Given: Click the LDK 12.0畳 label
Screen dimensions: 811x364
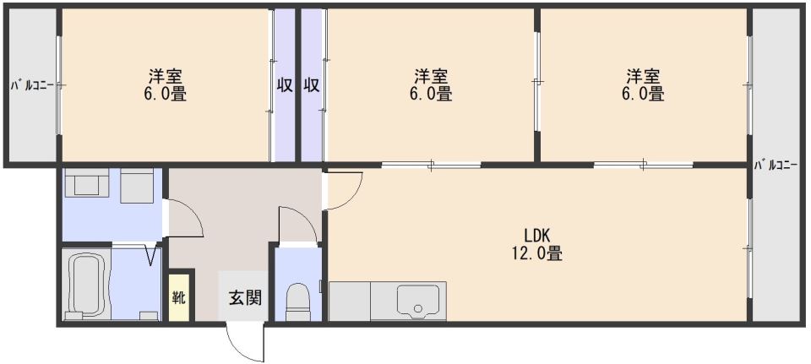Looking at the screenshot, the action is tap(543, 245).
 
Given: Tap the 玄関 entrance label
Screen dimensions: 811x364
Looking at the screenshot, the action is tap(245, 298).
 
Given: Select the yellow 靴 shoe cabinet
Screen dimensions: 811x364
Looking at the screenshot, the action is tap(179, 298).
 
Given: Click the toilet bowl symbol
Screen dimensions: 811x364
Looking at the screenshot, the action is tap(297, 302).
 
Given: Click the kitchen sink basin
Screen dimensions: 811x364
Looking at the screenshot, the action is tap(418, 301).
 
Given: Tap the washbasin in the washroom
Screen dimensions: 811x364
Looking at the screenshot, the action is tap(86, 183).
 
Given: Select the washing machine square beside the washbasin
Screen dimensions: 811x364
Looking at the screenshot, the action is tap(137, 185).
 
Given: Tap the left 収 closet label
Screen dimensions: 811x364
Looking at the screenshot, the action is tap(284, 84).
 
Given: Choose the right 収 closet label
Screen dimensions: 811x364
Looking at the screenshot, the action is tap(312, 84).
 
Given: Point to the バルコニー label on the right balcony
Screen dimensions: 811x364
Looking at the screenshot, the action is tap(776, 166).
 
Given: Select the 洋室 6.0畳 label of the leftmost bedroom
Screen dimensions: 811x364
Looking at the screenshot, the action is tap(166, 84).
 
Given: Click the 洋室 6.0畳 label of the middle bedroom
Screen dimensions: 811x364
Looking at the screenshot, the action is tap(431, 84).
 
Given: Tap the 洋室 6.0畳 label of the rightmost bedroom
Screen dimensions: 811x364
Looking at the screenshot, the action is tap(644, 84).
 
